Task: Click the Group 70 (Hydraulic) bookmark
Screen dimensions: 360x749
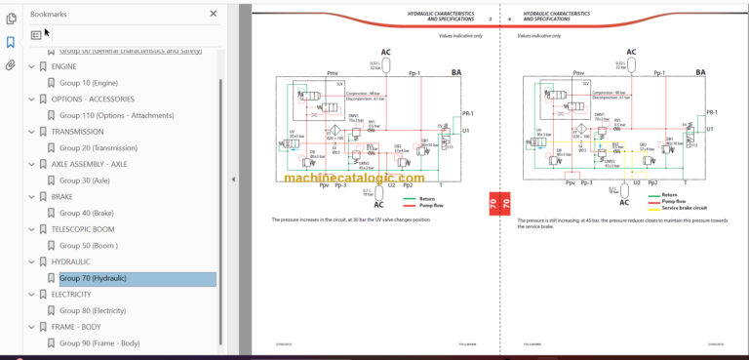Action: coord(94,278)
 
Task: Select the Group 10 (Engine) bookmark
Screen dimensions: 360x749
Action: coord(89,83)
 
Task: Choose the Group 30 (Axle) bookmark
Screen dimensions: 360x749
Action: coord(86,180)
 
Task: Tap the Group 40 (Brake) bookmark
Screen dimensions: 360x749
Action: coord(87,213)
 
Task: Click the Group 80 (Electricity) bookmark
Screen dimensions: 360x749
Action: coord(93,310)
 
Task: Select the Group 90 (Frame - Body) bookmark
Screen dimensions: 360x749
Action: coord(99,343)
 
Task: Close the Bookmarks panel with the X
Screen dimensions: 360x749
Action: coord(214,14)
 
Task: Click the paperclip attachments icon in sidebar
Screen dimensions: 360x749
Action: coord(11,66)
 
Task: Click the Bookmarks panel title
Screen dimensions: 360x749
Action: coord(49,14)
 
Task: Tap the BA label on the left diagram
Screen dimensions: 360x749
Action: coord(456,72)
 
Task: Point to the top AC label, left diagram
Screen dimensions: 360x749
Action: coord(386,53)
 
